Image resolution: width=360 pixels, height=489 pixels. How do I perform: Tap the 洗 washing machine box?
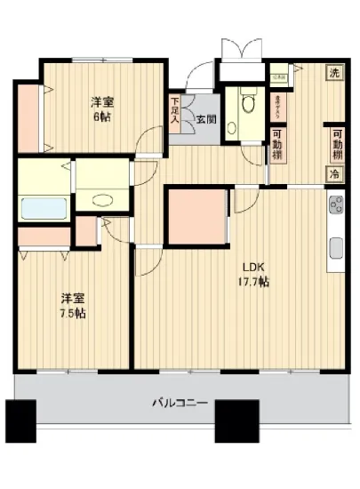[333, 72]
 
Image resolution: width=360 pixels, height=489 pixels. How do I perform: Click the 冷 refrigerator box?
[334, 173]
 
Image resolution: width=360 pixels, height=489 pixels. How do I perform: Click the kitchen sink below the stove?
[336, 246]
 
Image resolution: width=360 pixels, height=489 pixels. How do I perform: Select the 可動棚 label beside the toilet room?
[278, 142]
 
